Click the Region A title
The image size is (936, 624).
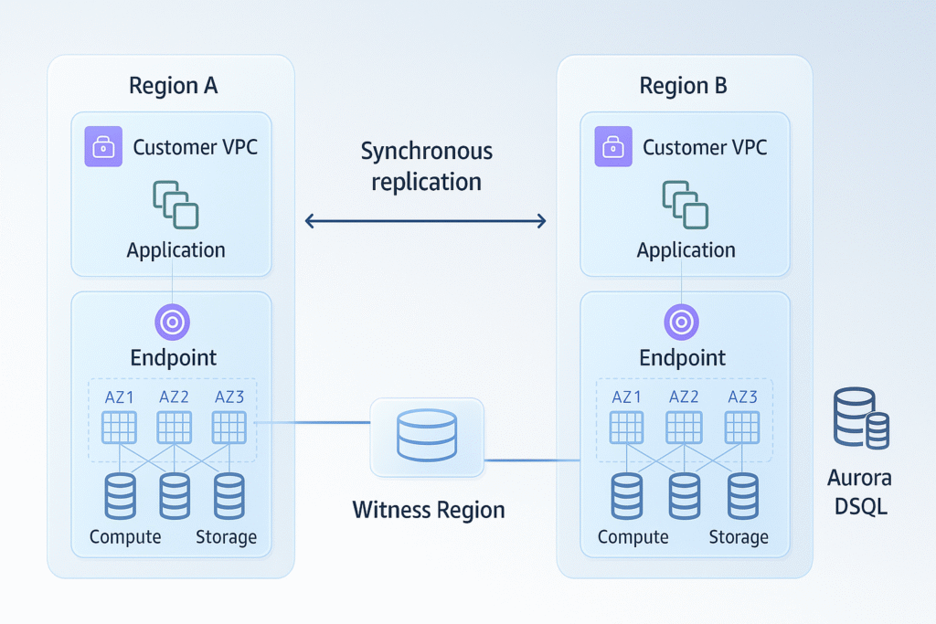[173, 87]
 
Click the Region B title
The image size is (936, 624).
[683, 87]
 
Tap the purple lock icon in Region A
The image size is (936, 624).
[103, 147]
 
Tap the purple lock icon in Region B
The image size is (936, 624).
[613, 147]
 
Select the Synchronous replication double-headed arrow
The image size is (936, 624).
[425, 220]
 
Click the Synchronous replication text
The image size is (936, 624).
[426, 165]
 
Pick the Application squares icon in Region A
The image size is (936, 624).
[175, 203]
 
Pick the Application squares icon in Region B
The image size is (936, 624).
[686, 203]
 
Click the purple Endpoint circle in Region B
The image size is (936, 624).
[681, 322]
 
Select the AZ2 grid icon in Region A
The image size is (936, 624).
[175, 427]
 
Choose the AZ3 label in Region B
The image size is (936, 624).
[742, 397]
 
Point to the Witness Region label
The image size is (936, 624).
[428, 509]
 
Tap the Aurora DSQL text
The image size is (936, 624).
[859, 491]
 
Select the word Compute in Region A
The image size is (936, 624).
[125, 537]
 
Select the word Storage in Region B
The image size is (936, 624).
[738, 537]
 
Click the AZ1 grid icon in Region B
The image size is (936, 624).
[627, 427]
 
